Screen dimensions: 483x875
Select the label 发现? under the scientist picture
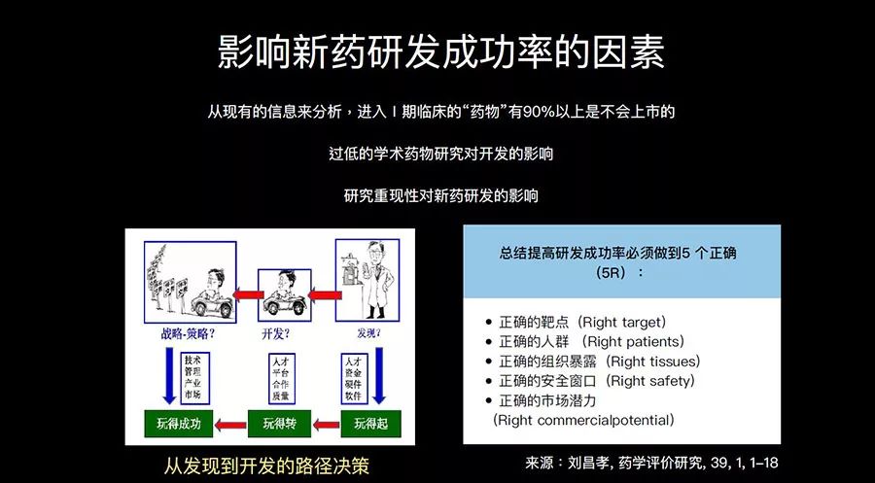pyautogui.click(x=370, y=335)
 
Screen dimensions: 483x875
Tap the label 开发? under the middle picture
pyautogui.click(x=277, y=335)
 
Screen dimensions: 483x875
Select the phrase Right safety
pyautogui.click(x=650, y=381)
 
